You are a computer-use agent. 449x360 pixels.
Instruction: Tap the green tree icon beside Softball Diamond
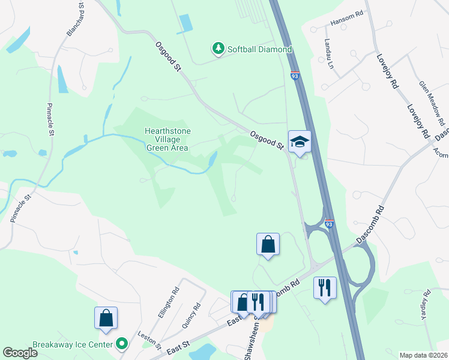click(x=218, y=49)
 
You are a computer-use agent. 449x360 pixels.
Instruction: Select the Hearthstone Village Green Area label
click(x=166, y=139)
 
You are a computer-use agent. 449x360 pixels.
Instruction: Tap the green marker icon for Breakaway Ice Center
click(x=122, y=344)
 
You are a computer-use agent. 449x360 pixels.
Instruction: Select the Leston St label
click(x=149, y=340)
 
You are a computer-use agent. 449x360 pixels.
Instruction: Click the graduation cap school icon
click(x=300, y=142)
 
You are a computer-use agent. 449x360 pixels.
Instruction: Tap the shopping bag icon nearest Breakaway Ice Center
click(x=106, y=319)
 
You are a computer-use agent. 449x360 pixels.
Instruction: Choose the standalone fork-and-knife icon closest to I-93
click(x=324, y=286)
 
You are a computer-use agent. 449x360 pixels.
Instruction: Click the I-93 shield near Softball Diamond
click(x=294, y=77)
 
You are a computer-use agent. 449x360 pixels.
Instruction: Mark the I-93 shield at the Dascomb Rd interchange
click(x=329, y=224)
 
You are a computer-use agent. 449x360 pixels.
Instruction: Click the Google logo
click(x=20, y=352)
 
